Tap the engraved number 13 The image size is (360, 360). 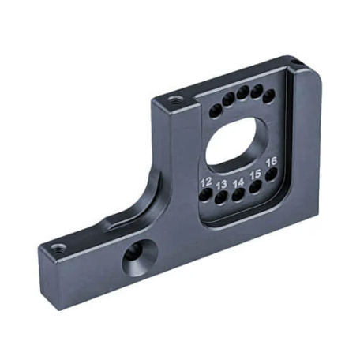(x=223, y=185)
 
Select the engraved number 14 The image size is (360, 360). (x=238, y=183)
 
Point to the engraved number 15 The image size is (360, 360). (x=255, y=175)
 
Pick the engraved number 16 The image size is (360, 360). (x=272, y=163)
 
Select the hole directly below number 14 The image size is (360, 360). (x=238, y=195)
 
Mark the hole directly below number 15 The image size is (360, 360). (x=256, y=188)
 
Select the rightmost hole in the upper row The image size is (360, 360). (x=268, y=96)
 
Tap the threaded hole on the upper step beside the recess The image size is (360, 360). (x=174, y=100)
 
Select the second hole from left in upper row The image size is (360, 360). (x=226, y=102)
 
